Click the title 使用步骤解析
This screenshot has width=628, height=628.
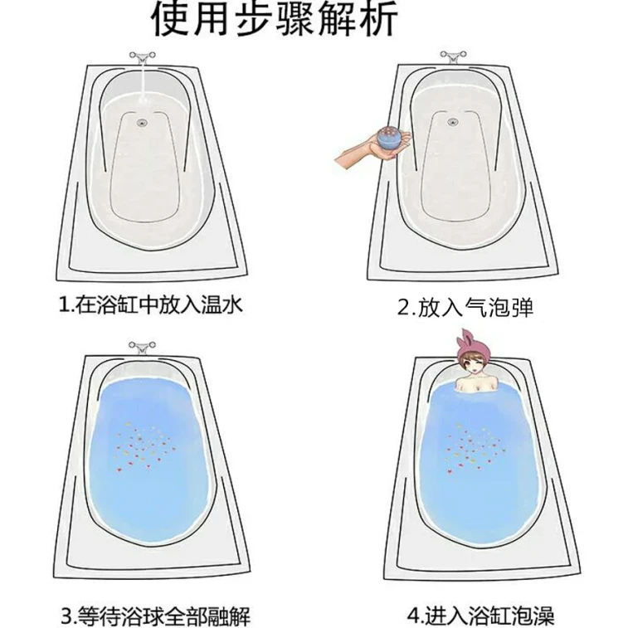pyautogui.click(x=275, y=19)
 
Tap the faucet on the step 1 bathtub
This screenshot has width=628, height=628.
pyautogui.click(x=143, y=58)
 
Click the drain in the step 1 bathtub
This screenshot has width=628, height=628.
pyautogui.click(x=141, y=122)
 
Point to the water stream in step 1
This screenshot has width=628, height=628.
pyautogui.click(x=143, y=81)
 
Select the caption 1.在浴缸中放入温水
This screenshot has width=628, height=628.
pyautogui.click(x=151, y=305)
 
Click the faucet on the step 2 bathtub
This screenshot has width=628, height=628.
pyautogui.click(x=454, y=57)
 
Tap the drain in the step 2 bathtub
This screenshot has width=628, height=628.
pyautogui.click(x=452, y=121)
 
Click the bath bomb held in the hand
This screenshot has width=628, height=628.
pyautogui.click(x=390, y=139)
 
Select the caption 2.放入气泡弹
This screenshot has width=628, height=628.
pyautogui.click(x=465, y=308)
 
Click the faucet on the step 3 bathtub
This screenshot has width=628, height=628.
pyautogui.click(x=141, y=348)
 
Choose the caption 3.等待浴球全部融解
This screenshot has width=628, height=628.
pyautogui.click(x=155, y=616)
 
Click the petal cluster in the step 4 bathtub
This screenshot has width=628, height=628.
pyautogui.click(x=474, y=447)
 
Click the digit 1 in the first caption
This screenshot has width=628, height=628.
pyautogui.click(x=64, y=305)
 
